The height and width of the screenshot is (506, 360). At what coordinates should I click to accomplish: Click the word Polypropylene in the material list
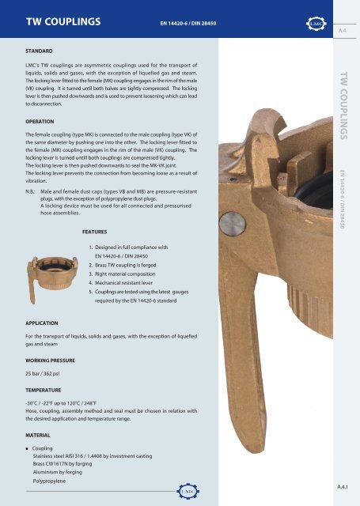tap(55, 479)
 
